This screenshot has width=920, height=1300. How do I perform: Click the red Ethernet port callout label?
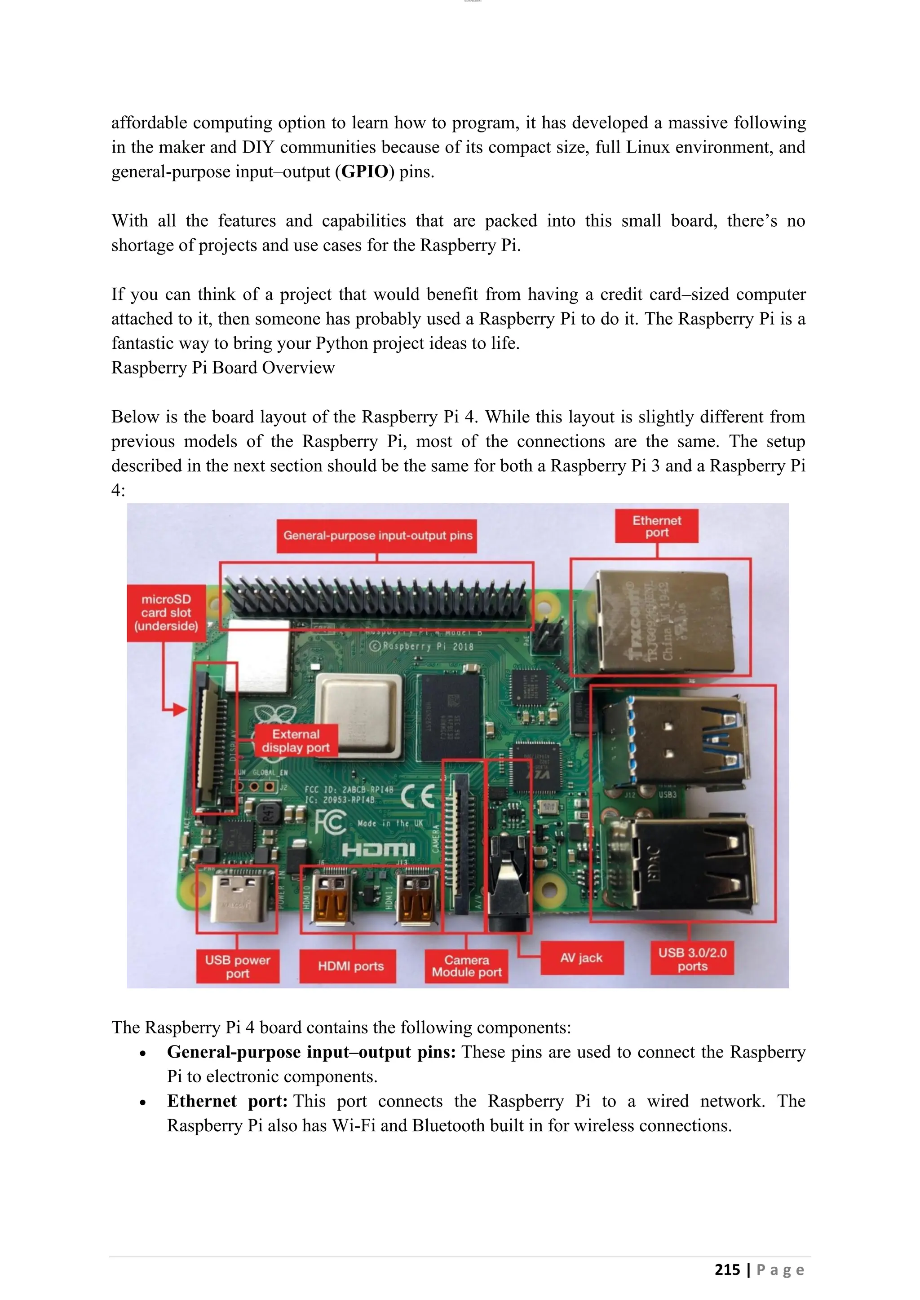(657, 526)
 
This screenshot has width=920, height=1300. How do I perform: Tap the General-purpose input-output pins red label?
(377, 536)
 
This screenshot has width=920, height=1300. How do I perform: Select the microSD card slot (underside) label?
(166, 613)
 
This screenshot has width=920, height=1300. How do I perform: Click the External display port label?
(296, 741)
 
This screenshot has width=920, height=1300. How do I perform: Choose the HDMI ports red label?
(351, 966)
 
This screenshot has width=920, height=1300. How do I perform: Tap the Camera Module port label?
(466, 966)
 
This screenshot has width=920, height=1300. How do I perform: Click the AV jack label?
(581, 958)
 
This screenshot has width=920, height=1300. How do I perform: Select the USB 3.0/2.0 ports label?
(692, 959)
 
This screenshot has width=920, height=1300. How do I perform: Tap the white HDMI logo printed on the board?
(378, 850)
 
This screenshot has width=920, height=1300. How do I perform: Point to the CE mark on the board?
(418, 797)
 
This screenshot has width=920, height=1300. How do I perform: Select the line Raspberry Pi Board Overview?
(223, 368)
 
